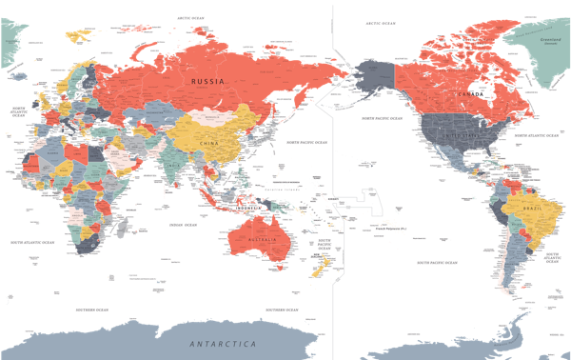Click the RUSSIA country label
pyautogui.click(x=207, y=82)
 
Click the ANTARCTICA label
pyautogui.click(x=223, y=343)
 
